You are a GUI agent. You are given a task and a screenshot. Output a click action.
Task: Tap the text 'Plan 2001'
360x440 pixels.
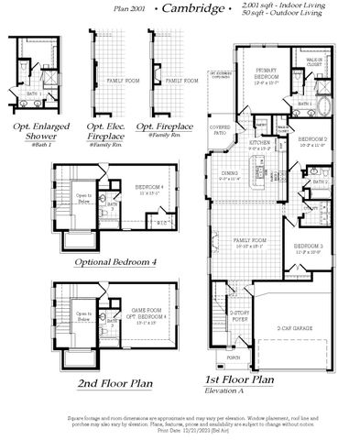pyautogui.click(x=130, y=9)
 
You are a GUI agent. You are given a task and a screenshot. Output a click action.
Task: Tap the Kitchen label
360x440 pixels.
pyautogui.click(x=260, y=144)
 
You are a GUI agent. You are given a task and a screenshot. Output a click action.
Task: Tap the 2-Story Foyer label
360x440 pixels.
pyautogui.click(x=240, y=314)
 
